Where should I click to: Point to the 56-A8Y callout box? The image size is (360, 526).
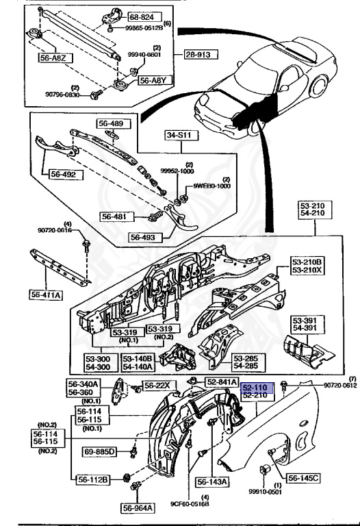coord(153,81)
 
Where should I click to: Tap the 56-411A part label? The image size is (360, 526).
coord(47,295)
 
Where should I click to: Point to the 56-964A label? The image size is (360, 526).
coord(139,508)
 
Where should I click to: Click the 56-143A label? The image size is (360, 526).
coord(214,481)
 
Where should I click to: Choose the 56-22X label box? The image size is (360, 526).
coord(158,385)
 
